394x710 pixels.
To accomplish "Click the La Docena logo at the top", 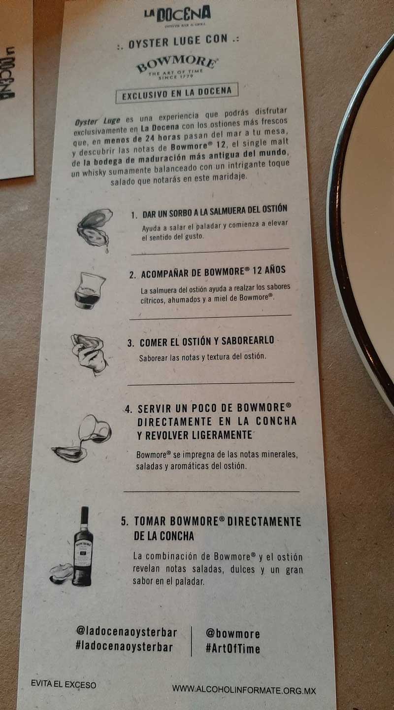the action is pyautogui.click(x=177, y=16).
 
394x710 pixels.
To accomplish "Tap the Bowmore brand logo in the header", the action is pyautogui.click(x=177, y=67).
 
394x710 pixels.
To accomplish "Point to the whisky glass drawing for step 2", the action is pyautogui.click(x=89, y=290).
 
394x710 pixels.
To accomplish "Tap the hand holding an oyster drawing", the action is pyautogui.click(x=89, y=355).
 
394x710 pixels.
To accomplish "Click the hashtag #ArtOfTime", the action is pyautogui.click(x=233, y=648).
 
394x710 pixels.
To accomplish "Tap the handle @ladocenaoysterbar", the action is pyautogui.click(x=127, y=632).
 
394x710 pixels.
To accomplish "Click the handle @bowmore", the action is pyautogui.click(x=233, y=633).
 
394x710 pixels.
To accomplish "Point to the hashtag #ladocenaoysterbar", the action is pyautogui.click(x=124, y=647).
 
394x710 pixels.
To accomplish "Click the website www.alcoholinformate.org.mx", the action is pyautogui.click(x=244, y=689).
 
